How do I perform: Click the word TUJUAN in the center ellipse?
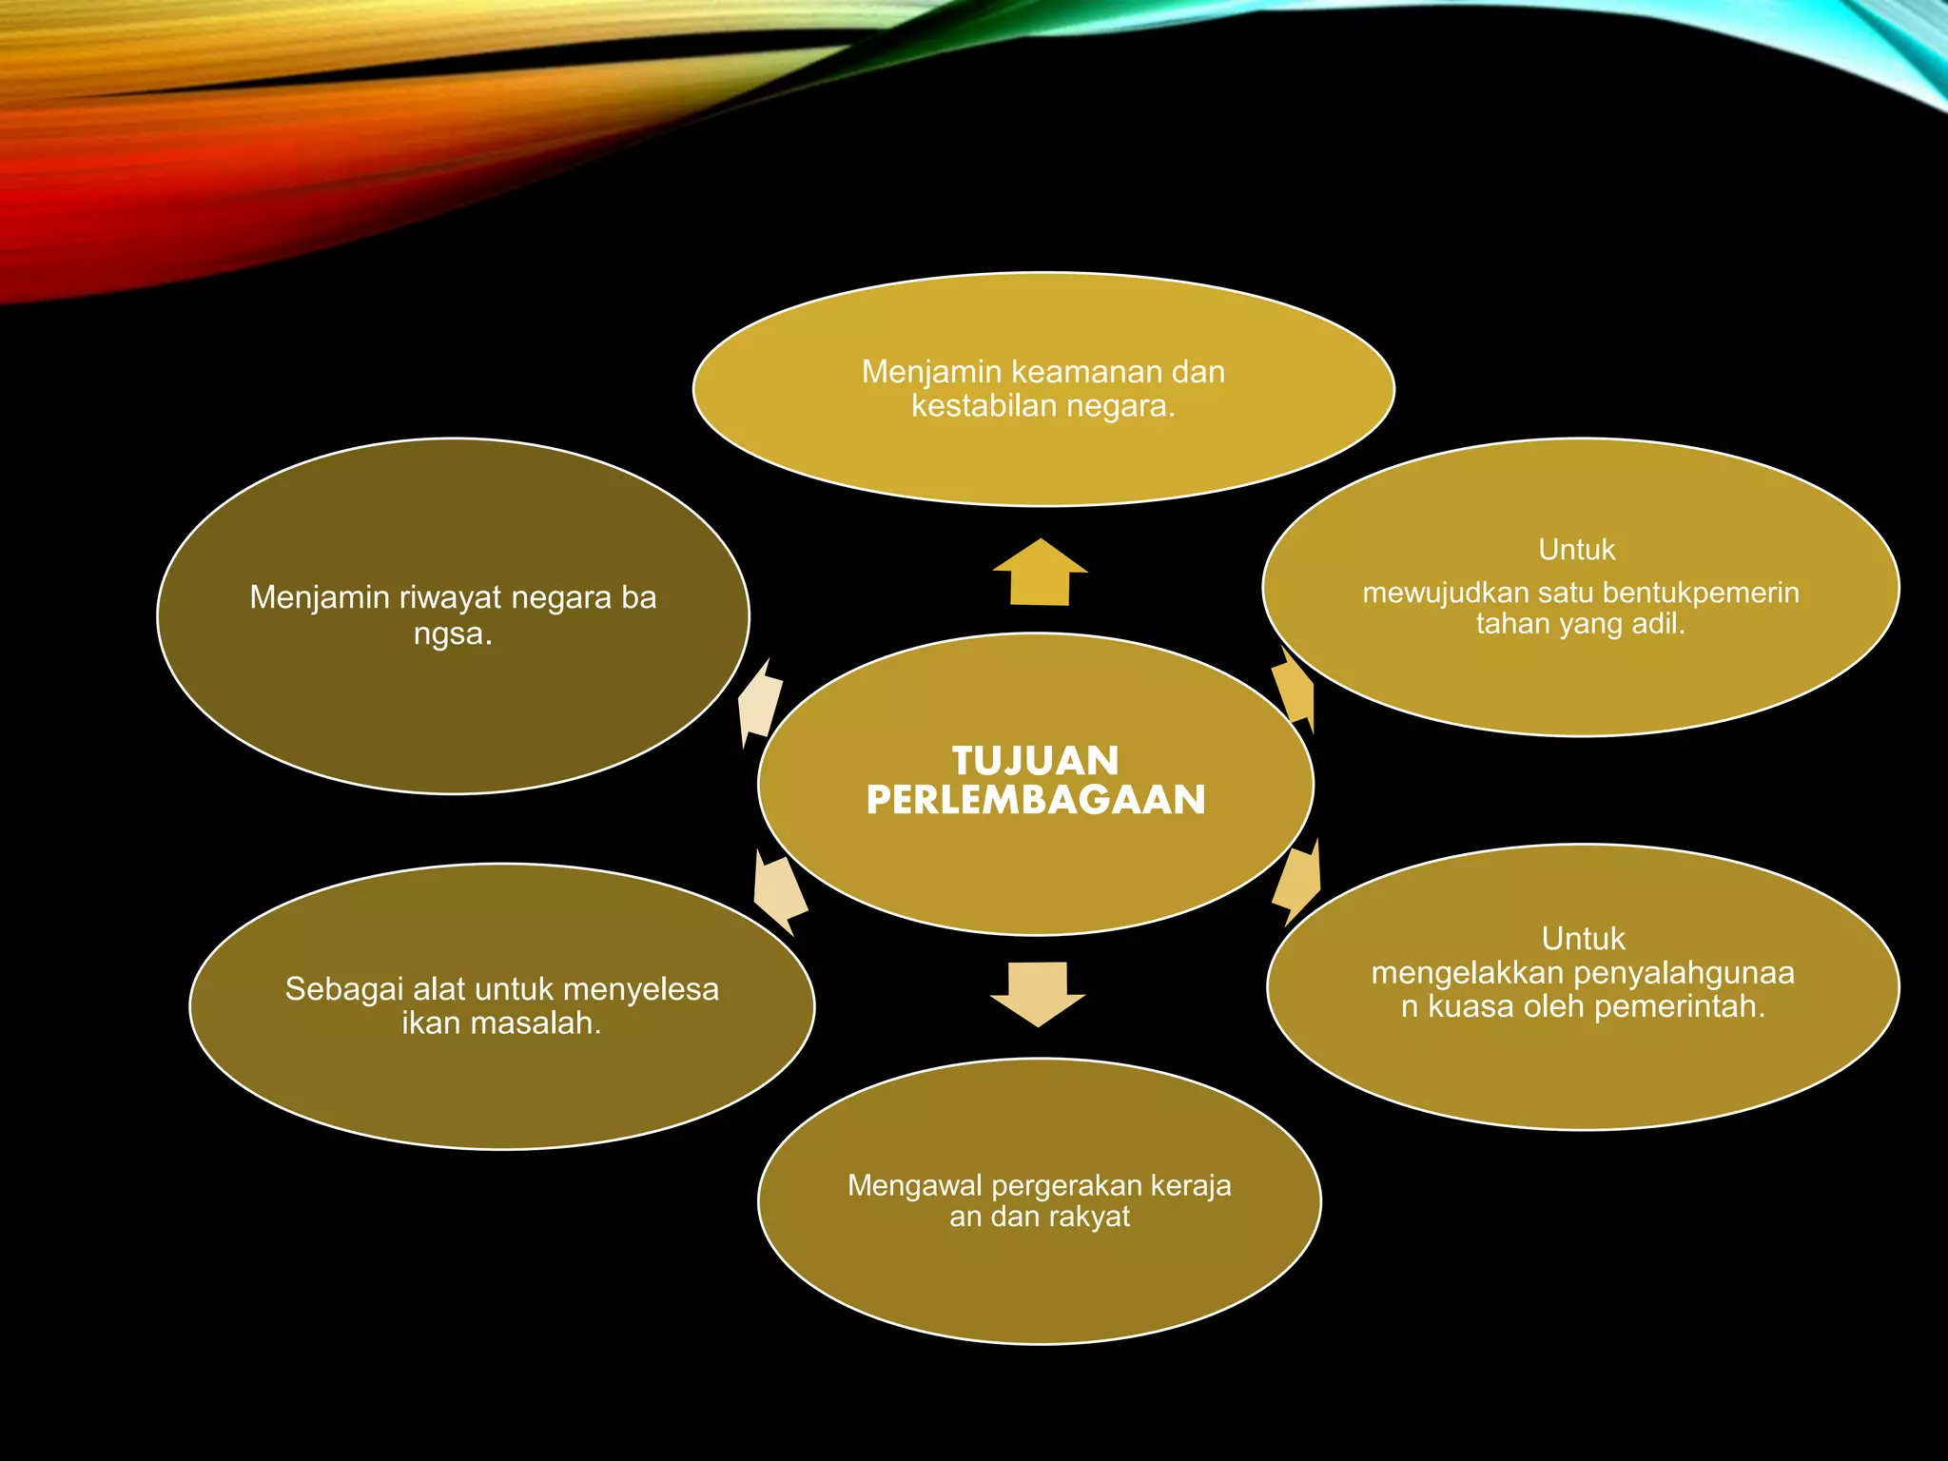pyautogui.click(x=1036, y=761)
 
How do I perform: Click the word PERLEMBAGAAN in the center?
pyautogui.click(x=1036, y=800)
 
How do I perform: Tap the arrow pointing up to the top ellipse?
pyautogui.click(x=1040, y=572)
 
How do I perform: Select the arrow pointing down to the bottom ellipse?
pyautogui.click(x=1038, y=994)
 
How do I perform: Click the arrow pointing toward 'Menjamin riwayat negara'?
pyautogui.click(x=760, y=703)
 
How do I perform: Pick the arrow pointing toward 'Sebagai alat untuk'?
pyautogui.click(x=779, y=892)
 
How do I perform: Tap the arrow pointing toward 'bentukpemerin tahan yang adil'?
pyautogui.click(x=1295, y=690)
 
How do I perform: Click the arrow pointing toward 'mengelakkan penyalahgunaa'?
pyautogui.click(x=1296, y=883)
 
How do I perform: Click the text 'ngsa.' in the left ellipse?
pyautogui.click(x=453, y=634)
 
